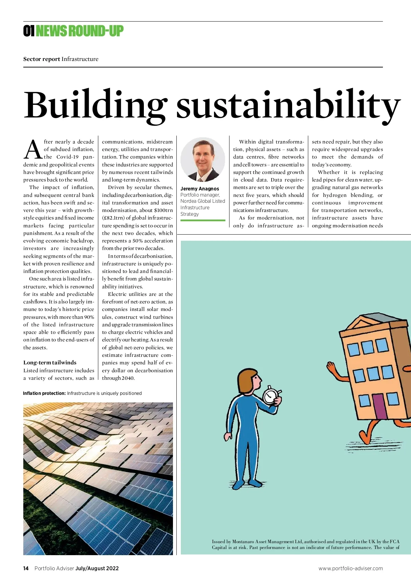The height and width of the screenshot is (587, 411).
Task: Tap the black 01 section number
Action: [29, 31]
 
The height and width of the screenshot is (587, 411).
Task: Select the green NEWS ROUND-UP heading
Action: [79, 31]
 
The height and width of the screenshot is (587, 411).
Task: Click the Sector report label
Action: [41, 59]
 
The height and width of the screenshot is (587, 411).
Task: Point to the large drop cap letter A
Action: [33, 150]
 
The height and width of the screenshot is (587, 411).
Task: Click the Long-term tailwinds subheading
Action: [50, 362]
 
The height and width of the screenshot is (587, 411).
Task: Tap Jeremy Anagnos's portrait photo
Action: [202, 160]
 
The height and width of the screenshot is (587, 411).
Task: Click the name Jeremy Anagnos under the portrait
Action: [200, 189]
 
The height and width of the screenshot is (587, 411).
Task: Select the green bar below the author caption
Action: [203, 220]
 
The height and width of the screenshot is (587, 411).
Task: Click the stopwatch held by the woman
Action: [271, 396]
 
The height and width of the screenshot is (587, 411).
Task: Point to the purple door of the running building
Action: [378, 406]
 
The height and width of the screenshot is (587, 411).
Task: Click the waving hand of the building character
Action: [331, 367]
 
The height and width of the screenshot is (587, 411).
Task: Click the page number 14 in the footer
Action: [26, 568]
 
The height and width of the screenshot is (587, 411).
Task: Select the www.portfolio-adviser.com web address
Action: [350, 568]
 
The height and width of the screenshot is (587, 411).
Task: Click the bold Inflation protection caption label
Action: [44, 393]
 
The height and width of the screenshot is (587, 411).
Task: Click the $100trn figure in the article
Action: [163, 210]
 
